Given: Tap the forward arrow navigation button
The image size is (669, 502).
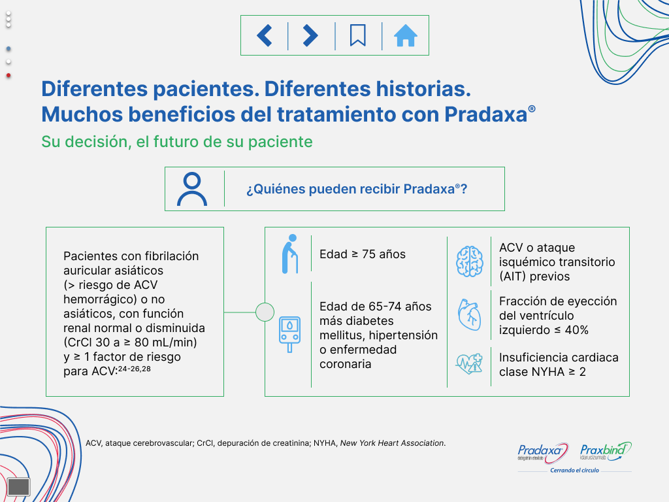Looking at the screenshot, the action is tap(310, 35).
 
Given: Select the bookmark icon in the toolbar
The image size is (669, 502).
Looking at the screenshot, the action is tap(358, 35).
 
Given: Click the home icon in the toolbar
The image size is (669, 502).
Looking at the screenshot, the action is tap(405, 35).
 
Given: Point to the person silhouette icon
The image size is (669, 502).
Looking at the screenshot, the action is tap(192, 189).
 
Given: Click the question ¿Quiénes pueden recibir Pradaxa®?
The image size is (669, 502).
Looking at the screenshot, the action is tap(357, 189).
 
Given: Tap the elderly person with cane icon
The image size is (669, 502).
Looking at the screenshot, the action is tap(290, 254).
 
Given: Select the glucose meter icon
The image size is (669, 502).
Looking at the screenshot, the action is tap(289, 334).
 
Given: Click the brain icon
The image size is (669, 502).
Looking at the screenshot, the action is tap(469, 261).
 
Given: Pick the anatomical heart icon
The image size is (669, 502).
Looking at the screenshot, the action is tap(469, 315).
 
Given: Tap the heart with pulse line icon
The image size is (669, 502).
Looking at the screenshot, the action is tap(469, 364).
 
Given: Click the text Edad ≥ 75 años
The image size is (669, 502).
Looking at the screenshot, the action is tap(363, 254).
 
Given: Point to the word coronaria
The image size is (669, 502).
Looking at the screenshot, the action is tap(346, 364).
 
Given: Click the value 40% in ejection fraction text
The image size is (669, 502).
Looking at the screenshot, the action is tap(576, 330).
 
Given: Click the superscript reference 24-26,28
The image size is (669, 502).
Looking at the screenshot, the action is tap(135, 369).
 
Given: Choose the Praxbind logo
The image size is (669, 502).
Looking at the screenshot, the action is tap(606, 452).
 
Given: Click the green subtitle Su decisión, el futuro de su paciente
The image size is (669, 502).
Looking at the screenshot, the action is tap(177, 142).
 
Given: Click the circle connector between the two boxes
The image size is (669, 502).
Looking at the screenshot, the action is tap(265, 312).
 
